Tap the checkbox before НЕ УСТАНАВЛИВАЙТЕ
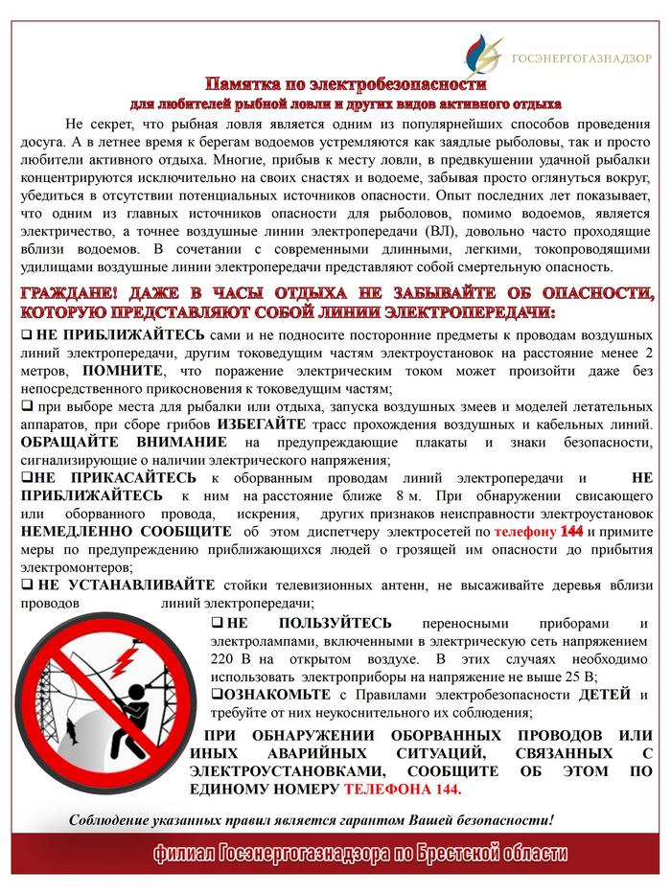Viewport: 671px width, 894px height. [27, 584]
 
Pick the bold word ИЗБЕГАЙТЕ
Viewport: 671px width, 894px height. [257, 424]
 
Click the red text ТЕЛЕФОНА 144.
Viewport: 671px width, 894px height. [404, 790]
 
